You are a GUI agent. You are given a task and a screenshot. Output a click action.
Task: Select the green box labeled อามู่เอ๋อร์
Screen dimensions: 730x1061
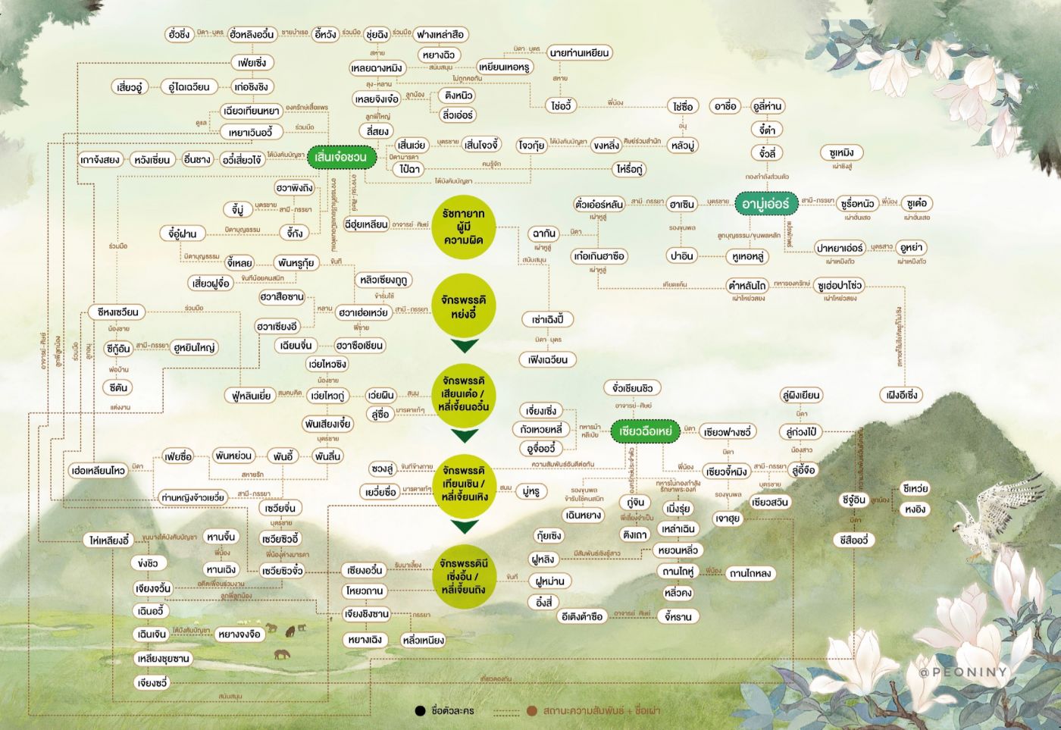(765, 204)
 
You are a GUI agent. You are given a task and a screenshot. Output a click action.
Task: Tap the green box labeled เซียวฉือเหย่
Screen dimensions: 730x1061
(646, 431)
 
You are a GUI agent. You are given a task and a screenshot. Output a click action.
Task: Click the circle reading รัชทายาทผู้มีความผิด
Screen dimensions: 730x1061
(464, 227)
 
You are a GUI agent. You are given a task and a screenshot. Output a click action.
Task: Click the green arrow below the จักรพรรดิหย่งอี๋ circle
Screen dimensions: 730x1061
(464, 346)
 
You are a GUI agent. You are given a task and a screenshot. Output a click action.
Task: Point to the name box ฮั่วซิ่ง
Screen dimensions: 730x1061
(180, 34)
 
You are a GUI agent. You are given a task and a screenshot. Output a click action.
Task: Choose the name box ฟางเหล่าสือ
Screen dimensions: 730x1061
(440, 34)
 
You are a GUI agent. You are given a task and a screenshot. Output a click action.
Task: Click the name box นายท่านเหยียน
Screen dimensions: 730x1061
(579, 53)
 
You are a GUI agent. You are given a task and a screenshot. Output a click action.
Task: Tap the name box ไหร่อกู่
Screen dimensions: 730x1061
(630, 169)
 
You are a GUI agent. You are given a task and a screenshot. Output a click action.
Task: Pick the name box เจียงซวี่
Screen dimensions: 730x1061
(152, 683)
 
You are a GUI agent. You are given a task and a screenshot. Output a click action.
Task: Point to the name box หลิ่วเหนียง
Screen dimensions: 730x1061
(424, 641)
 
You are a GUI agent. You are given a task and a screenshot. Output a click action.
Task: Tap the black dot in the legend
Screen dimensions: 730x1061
(420, 711)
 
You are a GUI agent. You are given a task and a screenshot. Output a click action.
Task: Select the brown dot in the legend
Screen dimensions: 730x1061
(532, 711)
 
